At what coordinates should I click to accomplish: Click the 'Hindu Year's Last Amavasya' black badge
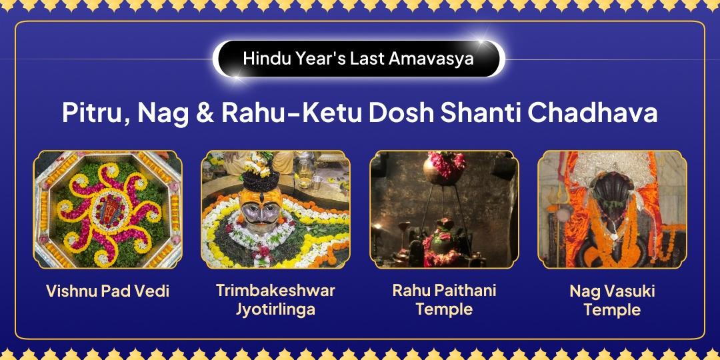pos(358,59)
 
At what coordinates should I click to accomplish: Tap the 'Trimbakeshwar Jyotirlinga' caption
pos(275,299)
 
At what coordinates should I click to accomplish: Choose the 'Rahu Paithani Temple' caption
pos(444,299)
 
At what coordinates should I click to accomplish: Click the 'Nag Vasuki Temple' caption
pos(612,301)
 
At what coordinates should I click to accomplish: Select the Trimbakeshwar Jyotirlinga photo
pos(275,209)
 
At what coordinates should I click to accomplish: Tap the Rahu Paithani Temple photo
pos(444,209)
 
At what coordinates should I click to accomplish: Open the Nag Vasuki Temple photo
pos(612,209)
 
